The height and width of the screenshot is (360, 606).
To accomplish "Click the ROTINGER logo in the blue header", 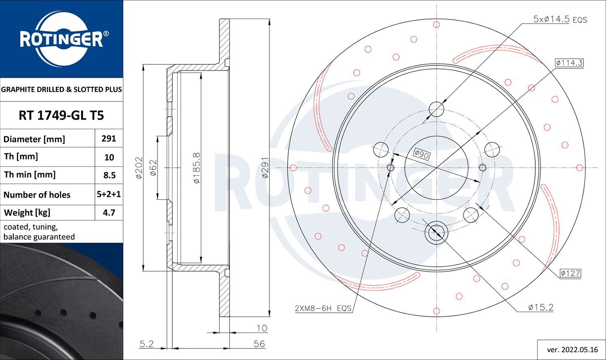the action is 63,39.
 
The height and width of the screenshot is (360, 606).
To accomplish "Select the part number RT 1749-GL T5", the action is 61,116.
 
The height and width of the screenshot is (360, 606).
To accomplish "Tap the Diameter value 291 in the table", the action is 109,139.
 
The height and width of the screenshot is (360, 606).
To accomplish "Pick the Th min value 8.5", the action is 109,175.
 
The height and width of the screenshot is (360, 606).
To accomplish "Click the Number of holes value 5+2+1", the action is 109,194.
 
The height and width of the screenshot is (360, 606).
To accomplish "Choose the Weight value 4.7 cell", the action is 109,213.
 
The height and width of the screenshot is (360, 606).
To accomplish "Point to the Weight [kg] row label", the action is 27,213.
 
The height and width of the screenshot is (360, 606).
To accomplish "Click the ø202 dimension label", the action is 139,168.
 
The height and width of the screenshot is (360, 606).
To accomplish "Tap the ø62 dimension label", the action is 153,168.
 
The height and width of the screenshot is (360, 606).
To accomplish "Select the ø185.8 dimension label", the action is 197,168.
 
